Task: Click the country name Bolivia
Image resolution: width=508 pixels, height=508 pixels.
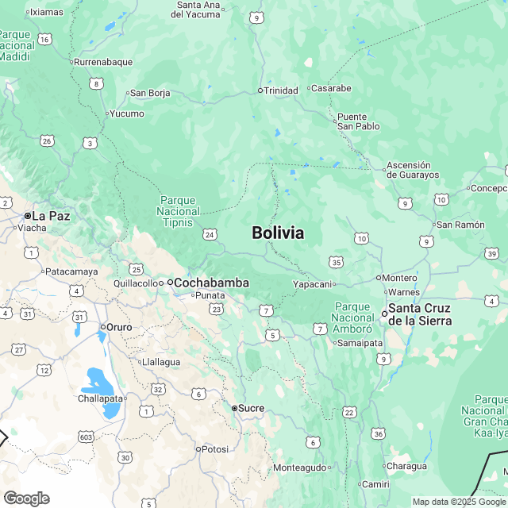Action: click(x=277, y=233)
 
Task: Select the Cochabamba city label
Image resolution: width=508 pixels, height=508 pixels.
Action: click(x=210, y=283)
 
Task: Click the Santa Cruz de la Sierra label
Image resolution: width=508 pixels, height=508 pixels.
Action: click(x=419, y=314)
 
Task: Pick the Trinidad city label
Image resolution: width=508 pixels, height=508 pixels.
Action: click(x=280, y=90)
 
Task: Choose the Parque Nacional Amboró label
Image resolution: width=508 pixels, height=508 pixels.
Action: click(x=353, y=317)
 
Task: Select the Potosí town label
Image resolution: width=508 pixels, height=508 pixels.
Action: click(x=214, y=449)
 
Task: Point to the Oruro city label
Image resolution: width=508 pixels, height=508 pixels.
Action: click(x=119, y=326)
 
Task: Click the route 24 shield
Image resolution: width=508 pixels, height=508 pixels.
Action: click(x=210, y=234)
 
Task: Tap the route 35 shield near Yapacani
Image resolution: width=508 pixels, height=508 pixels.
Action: click(x=337, y=262)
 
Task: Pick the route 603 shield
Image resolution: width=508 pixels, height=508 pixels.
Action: click(x=86, y=437)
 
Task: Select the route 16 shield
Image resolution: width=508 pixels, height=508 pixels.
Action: click(x=44, y=39)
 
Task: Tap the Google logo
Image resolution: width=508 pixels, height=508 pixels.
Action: click(x=26, y=498)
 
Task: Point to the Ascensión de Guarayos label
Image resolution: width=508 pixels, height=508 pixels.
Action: click(x=412, y=170)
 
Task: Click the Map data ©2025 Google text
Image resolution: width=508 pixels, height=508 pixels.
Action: click(x=458, y=502)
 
